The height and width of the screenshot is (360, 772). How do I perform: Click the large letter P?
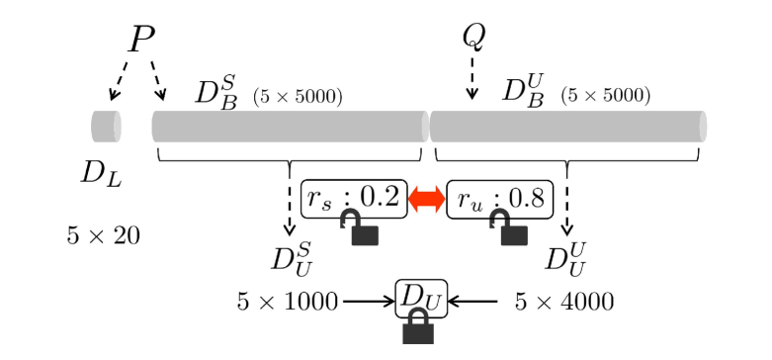[x=141, y=40]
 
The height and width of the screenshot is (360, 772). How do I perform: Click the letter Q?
[x=473, y=38]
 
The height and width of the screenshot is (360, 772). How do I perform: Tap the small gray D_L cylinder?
[x=105, y=127]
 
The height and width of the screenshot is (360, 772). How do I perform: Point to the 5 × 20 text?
[x=103, y=235]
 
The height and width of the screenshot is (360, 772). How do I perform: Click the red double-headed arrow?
[x=426, y=199]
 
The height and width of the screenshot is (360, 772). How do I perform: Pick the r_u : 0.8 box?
[x=501, y=199]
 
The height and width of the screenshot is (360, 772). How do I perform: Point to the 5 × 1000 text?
[x=288, y=301]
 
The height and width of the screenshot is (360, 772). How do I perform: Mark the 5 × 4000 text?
[x=564, y=301]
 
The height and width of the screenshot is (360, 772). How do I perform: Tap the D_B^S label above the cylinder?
[x=216, y=91]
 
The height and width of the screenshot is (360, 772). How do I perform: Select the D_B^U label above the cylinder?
[x=524, y=91]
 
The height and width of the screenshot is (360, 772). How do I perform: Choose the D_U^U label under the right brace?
[x=566, y=260]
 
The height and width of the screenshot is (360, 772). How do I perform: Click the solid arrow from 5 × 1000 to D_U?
[x=368, y=300]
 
